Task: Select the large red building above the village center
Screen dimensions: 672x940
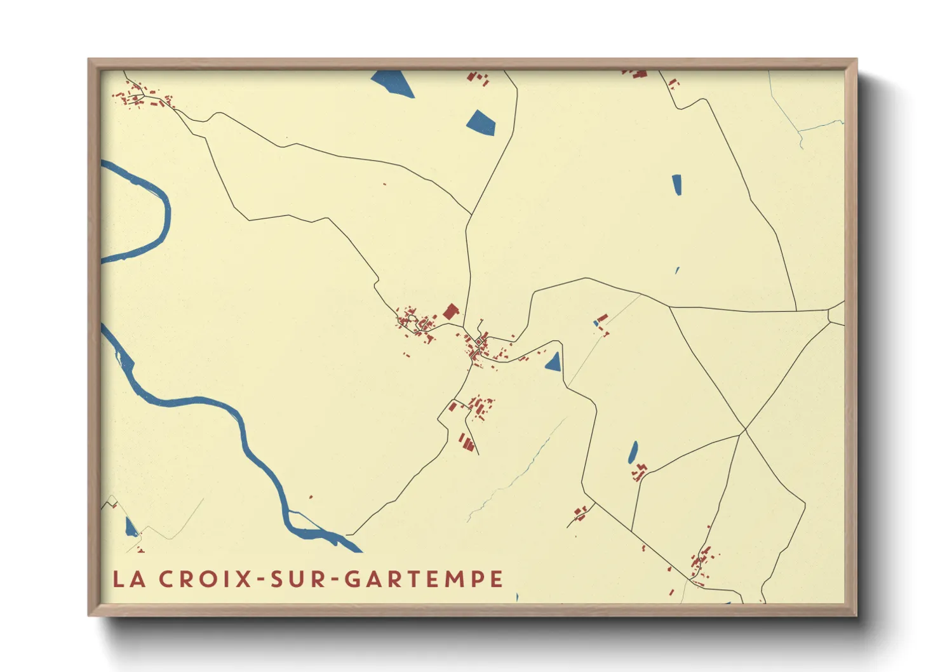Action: tap(450, 311)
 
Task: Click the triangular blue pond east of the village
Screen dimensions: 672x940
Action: tap(554, 363)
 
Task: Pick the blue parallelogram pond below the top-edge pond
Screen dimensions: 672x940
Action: tap(481, 123)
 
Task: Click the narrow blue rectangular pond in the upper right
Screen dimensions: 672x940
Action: tap(677, 184)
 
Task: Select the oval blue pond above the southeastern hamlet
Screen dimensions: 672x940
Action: tap(633, 452)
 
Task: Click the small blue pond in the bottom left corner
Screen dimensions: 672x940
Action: tap(131, 528)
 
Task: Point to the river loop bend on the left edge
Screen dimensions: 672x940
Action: tap(166, 210)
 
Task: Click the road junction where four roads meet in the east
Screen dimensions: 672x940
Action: tap(744, 431)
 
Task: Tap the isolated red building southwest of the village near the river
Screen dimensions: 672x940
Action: tap(311, 497)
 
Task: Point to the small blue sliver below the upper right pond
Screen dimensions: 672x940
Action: tap(677, 270)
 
